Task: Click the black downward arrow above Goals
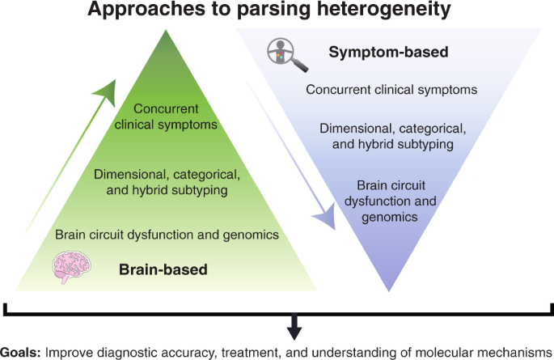pos(296,327)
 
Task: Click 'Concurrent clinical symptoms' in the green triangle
pos(165,116)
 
